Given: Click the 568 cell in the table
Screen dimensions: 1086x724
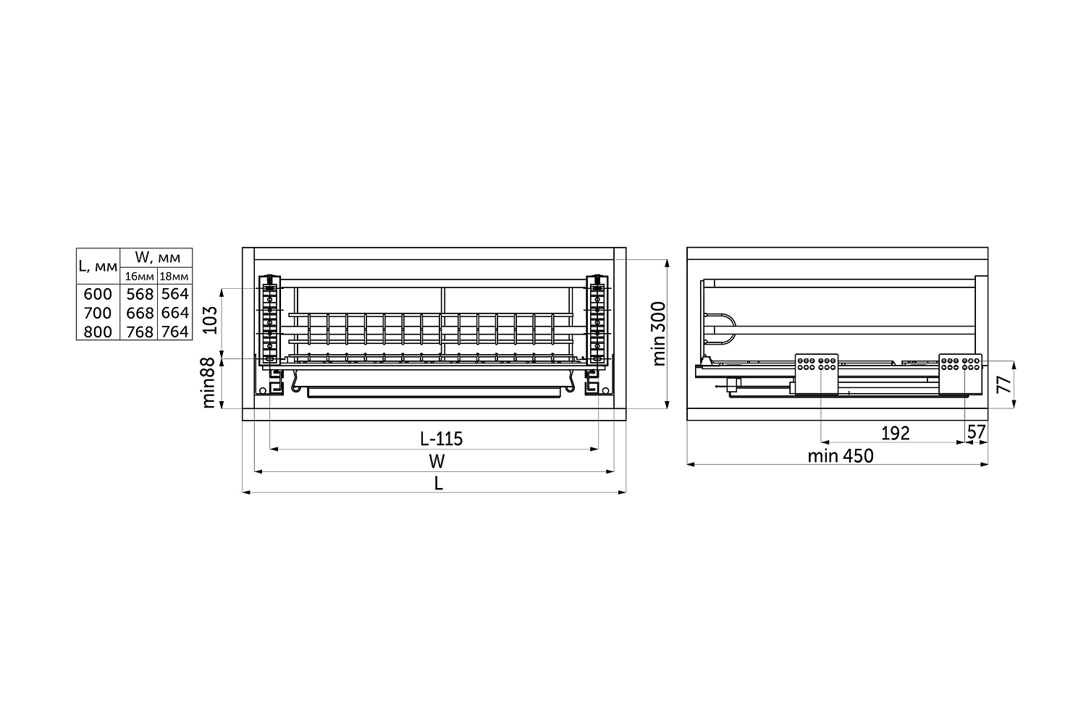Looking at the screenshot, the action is pyautogui.click(x=140, y=295).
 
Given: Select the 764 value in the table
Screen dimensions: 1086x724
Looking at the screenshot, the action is pyautogui.click(x=175, y=332).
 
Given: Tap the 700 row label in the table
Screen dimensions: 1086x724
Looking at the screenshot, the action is pyautogui.click(x=98, y=313).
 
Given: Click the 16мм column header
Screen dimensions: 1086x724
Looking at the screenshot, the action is pyautogui.click(x=139, y=277).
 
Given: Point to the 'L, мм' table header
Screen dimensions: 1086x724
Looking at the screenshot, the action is pyautogui.click(x=98, y=266).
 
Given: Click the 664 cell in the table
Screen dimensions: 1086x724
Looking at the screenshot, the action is pyautogui.click(x=175, y=313).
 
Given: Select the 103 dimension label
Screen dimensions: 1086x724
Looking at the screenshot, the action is pyautogui.click(x=210, y=320).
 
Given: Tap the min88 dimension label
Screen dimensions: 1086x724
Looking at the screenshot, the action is pyautogui.click(x=208, y=383).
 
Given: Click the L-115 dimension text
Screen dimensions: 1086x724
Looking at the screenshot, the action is pyautogui.click(x=441, y=439).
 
